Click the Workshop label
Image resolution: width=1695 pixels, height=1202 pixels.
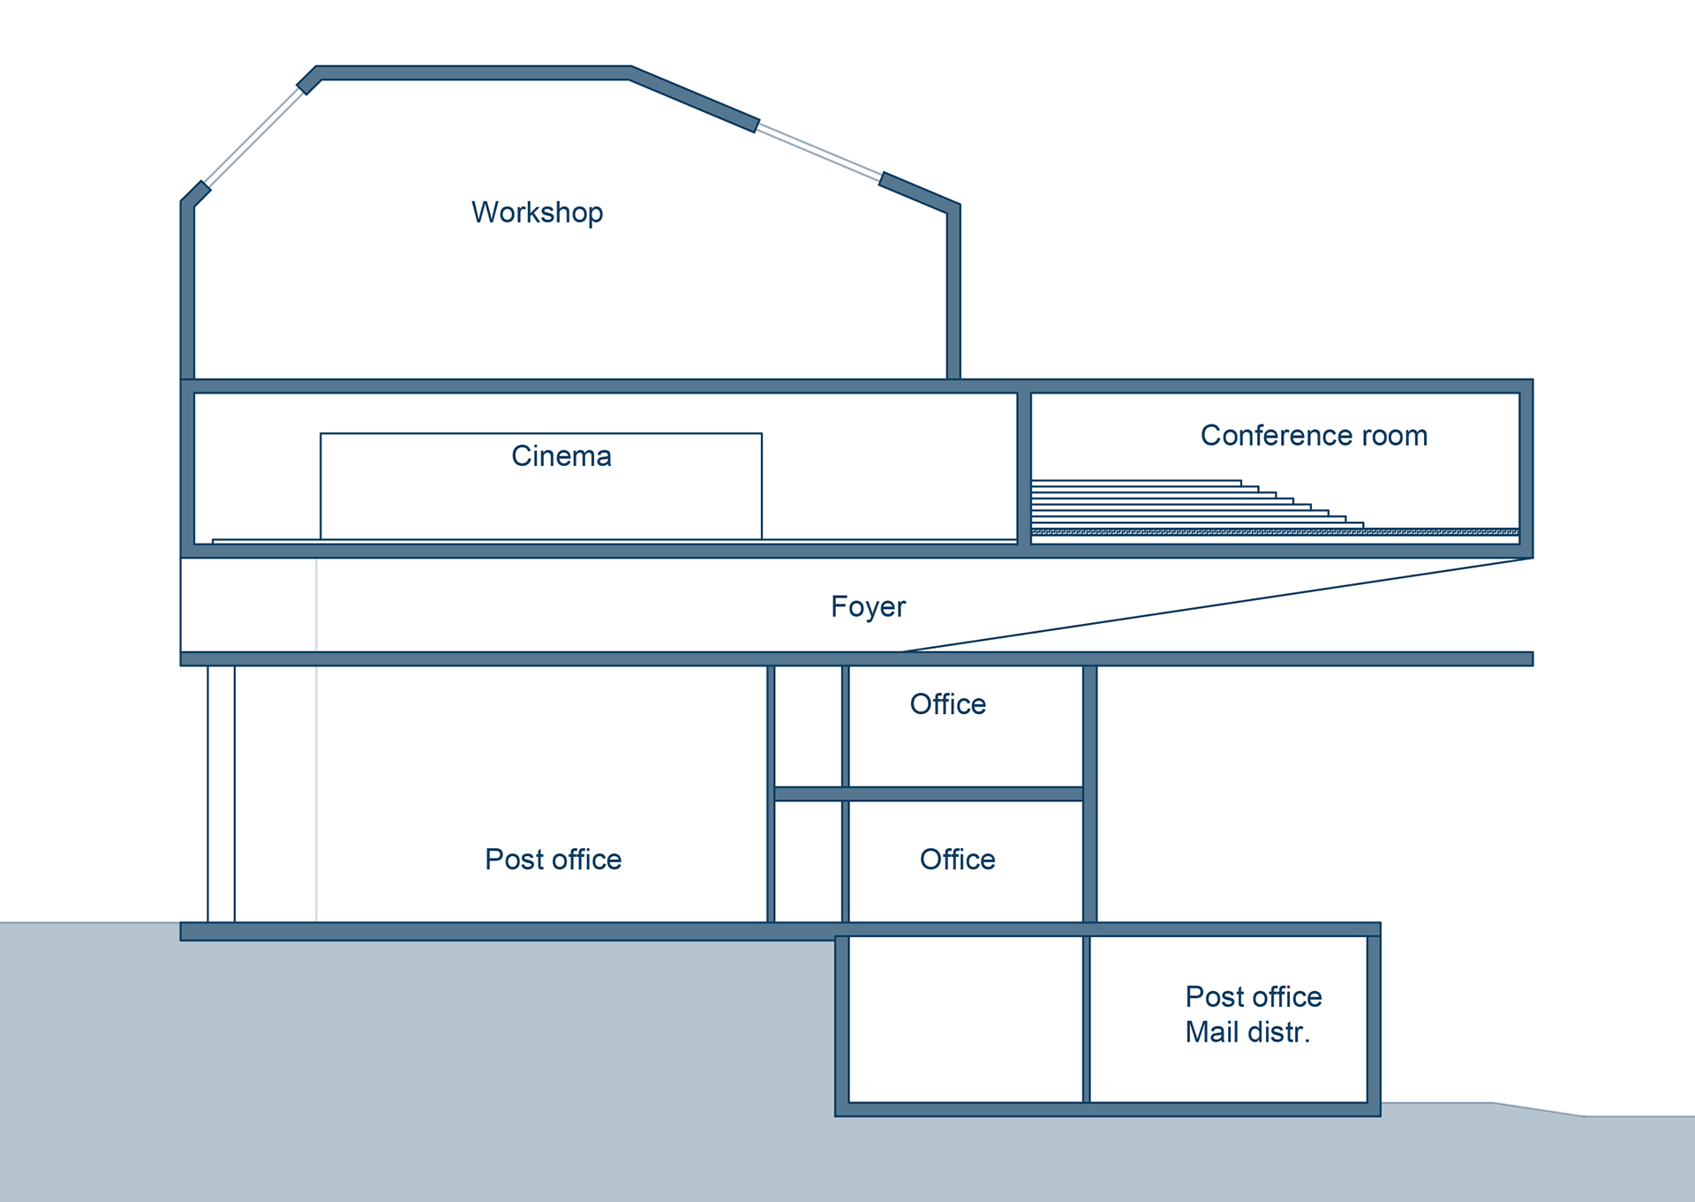coord(537,213)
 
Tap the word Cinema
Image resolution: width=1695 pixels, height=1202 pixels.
coord(561,456)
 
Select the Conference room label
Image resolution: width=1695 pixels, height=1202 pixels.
coord(1314,435)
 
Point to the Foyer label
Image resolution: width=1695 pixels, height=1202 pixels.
coord(868,607)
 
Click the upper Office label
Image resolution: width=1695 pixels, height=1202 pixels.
coord(948,704)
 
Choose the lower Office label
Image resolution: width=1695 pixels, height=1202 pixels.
coord(958,860)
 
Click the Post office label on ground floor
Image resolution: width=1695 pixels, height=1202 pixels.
coord(554,860)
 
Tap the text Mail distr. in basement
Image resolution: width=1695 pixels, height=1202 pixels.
coord(1247,1032)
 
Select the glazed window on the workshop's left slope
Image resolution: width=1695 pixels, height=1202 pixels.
coord(253,137)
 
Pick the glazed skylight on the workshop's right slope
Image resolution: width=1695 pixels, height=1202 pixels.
coord(819,152)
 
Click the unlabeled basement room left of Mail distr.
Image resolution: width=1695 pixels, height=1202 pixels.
coord(966,1019)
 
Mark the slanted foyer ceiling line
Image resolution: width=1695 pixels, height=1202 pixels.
coord(1217,605)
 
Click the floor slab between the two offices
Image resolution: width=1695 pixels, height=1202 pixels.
coord(929,794)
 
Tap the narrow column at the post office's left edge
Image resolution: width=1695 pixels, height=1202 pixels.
coord(222,794)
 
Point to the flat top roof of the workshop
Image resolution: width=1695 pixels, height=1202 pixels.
coord(474,73)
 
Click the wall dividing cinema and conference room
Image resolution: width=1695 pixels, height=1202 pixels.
coord(1024,468)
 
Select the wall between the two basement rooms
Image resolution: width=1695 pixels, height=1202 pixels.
coord(1086,1019)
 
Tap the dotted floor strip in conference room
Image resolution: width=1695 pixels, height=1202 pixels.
coord(1275,532)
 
